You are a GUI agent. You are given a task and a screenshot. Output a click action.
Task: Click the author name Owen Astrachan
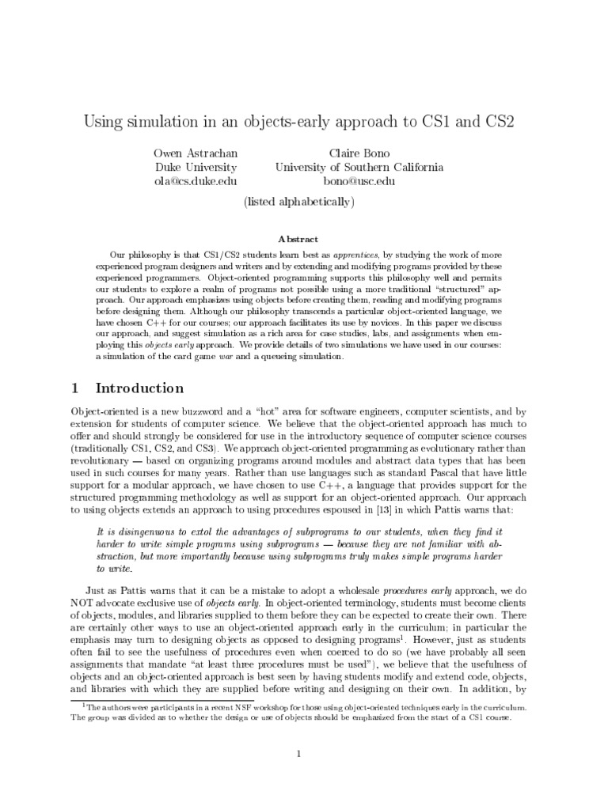(196, 152)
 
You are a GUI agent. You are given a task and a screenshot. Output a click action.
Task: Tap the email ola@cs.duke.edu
(196, 181)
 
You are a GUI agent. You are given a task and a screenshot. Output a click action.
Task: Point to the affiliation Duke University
(196, 167)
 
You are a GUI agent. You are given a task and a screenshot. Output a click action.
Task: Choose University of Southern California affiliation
(359, 167)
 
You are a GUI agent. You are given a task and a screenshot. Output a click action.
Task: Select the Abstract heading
(298, 238)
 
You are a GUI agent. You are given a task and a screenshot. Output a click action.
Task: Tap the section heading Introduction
(139, 388)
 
